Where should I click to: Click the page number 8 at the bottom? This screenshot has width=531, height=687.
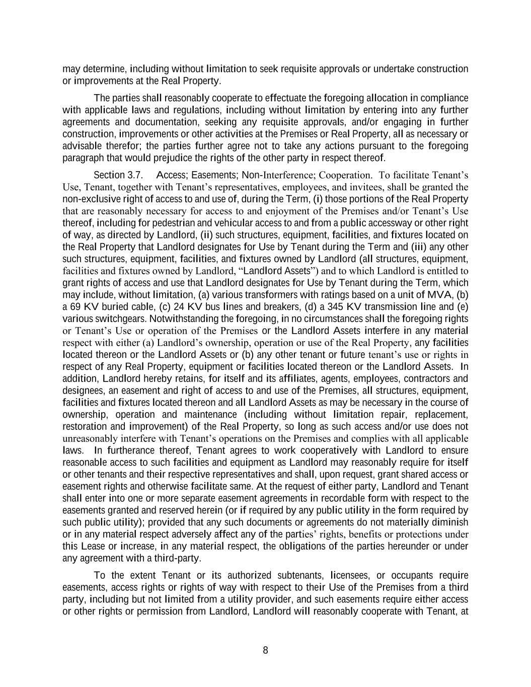[265, 650]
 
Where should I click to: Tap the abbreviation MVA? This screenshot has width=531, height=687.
[439, 295]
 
